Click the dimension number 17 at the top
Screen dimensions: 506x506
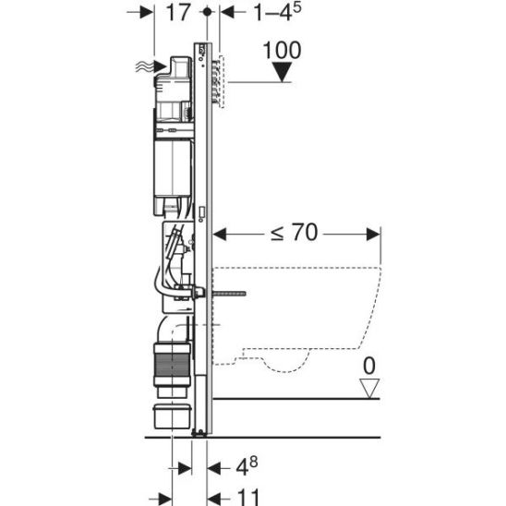point(178,13)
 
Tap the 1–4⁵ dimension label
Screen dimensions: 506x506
point(277,12)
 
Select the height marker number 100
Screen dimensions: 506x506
point(282,51)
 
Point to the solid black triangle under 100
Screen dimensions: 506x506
point(282,72)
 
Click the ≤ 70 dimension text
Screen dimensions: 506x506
point(294,232)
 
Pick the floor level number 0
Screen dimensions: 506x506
point(369,366)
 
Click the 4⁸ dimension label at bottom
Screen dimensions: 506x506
point(247,466)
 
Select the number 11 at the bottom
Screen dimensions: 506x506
point(248,498)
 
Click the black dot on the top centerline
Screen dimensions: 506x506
point(207,12)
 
